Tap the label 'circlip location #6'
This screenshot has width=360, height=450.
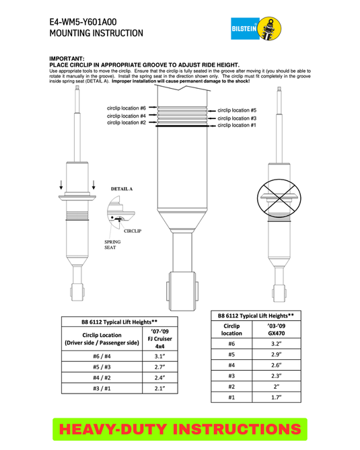pyautogui.click(x=127, y=108)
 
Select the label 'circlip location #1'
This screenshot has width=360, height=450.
pyautogui.click(x=236, y=126)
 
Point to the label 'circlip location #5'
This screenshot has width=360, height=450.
pyautogui.click(x=236, y=110)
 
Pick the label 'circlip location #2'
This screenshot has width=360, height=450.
pyautogui.click(x=127, y=122)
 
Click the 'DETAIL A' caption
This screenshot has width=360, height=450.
pyautogui.click(x=122, y=189)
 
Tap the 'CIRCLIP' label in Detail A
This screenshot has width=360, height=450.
pyautogui.click(x=131, y=231)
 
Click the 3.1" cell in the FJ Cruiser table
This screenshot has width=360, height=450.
pyautogui.click(x=161, y=357)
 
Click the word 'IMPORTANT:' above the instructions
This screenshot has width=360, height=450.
pyautogui.click(x=67, y=59)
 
